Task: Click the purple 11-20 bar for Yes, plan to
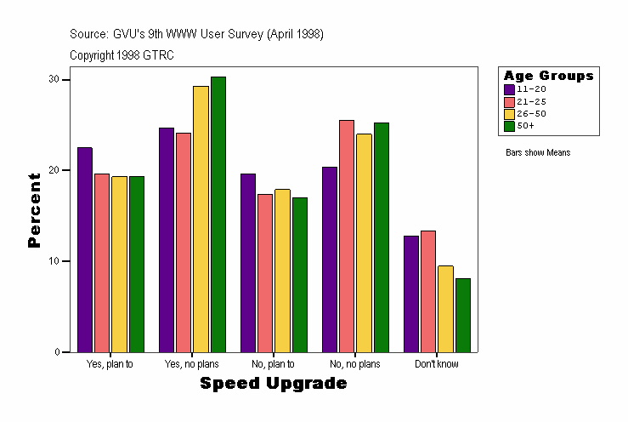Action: coord(85,249)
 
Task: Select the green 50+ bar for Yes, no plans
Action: coord(218,214)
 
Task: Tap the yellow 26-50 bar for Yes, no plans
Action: coord(201,219)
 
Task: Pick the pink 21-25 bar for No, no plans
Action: coord(347,236)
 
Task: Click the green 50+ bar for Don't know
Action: coord(462,315)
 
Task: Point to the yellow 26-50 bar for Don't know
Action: coord(445,309)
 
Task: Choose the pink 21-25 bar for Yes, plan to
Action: coord(102,262)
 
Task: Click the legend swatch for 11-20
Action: coord(509,89)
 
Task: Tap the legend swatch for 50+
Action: coord(509,126)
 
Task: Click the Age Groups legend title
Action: coord(548,76)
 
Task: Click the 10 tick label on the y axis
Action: coord(54,261)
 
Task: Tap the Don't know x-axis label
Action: coord(437,364)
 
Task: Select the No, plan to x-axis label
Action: coord(274,364)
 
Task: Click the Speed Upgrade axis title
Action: coord(274,384)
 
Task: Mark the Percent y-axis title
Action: coord(34,210)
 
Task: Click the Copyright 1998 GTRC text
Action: coord(122,54)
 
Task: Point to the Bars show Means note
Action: coord(537,153)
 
